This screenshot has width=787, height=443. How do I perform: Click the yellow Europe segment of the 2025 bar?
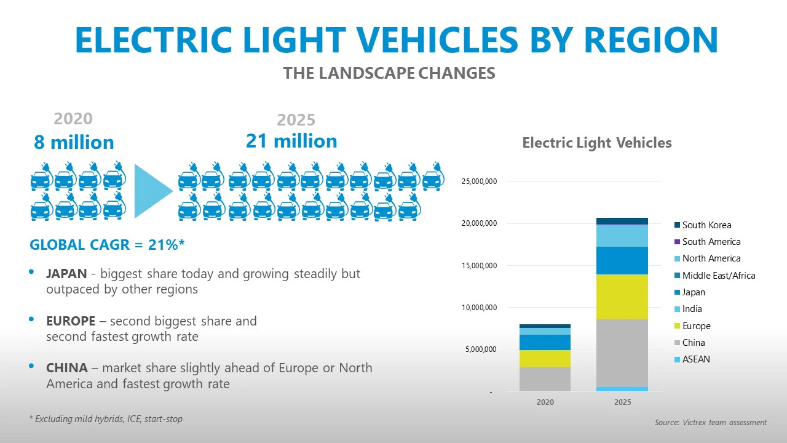pyautogui.click(x=622, y=297)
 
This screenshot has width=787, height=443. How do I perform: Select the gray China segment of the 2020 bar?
pyautogui.click(x=545, y=379)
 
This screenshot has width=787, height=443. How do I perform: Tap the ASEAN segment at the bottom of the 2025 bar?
pyautogui.click(x=622, y=389)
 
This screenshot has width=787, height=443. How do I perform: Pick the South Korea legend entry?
pyautogui.click(x=706, y=225)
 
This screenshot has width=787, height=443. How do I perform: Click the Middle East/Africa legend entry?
pyautogui.click(x=718, y=276)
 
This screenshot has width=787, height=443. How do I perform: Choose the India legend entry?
pyautogui.click(x=692, y=309)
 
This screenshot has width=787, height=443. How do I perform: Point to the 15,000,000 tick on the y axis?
pyautogui.click(x=479, y=266)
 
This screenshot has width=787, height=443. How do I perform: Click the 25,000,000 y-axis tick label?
pyautogui.click(x=479, y=182)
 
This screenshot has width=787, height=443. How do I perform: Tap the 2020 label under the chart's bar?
pyautogui.click(x=545, y=402)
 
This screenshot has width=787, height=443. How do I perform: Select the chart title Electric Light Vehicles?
pyautogui.click(x=596, y=143)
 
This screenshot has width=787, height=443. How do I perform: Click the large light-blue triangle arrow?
pyautogui.click(x=152, y=190)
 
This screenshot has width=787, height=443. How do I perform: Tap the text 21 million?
pyautogui.click(x=291, y=141)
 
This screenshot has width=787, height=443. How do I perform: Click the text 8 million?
pyautogui.click(x=74, y=142)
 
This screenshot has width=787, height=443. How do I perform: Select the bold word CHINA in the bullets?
pyautogui.click(x=66, y=368)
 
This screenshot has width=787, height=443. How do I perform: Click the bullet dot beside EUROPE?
pyautogui.click(x=32, y=319)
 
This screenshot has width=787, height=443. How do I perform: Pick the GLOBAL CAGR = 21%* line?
pyautogui.click(x=107, y=244)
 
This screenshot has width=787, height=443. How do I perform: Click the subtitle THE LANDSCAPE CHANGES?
pyautogui.click(x=389, y=73)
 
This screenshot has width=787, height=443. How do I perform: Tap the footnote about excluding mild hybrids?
pyautogui.click(x=106, y=419)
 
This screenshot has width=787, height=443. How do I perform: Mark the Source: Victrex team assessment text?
pyautogui.click(x=710, y=423)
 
